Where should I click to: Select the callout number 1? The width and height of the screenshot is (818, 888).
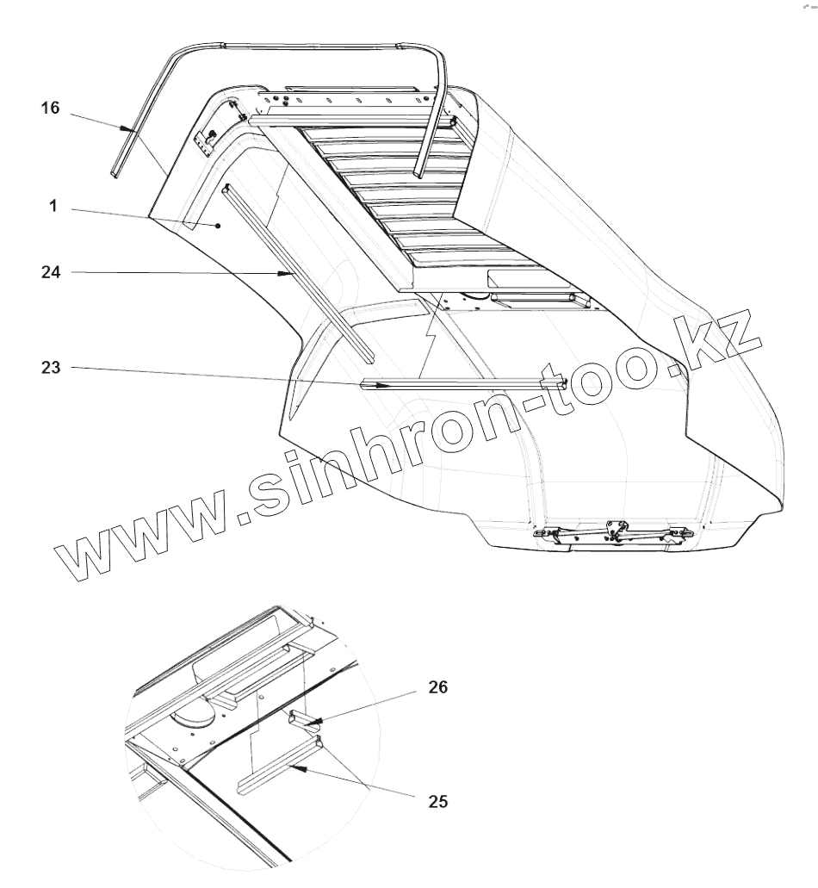(53, 208)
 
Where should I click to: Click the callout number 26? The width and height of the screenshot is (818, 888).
(437, 687)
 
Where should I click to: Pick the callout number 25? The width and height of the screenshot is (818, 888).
(437, 801)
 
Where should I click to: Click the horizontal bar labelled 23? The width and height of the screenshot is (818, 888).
(465, 383)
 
